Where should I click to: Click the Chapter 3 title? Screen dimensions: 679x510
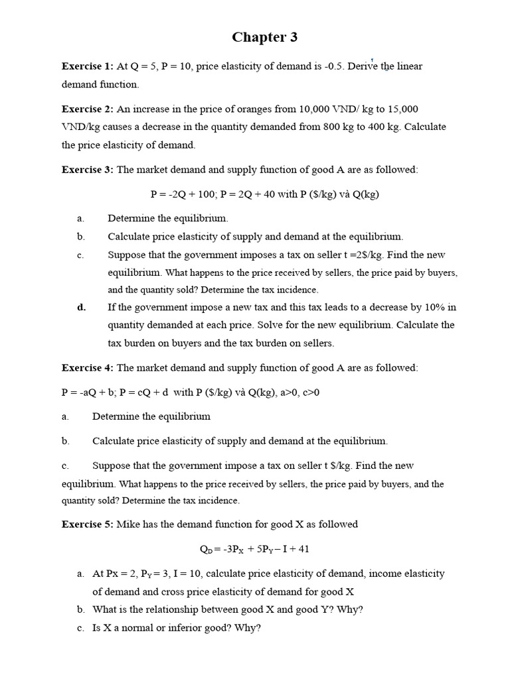(x=264, y=38)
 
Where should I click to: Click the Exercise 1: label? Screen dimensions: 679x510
(x=88, y=66)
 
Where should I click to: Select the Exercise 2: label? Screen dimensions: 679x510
(x=88, y=109)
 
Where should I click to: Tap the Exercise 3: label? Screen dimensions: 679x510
(x=88, y=170)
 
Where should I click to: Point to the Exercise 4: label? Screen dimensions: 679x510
(x=88, y=367)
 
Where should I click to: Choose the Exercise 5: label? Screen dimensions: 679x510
(x=88, y=524)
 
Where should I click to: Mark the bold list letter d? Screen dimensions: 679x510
(x=81, y=307)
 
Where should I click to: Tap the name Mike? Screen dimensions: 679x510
(x=128, y=524)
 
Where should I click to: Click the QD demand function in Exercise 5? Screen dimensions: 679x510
(x=254, y=549)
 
